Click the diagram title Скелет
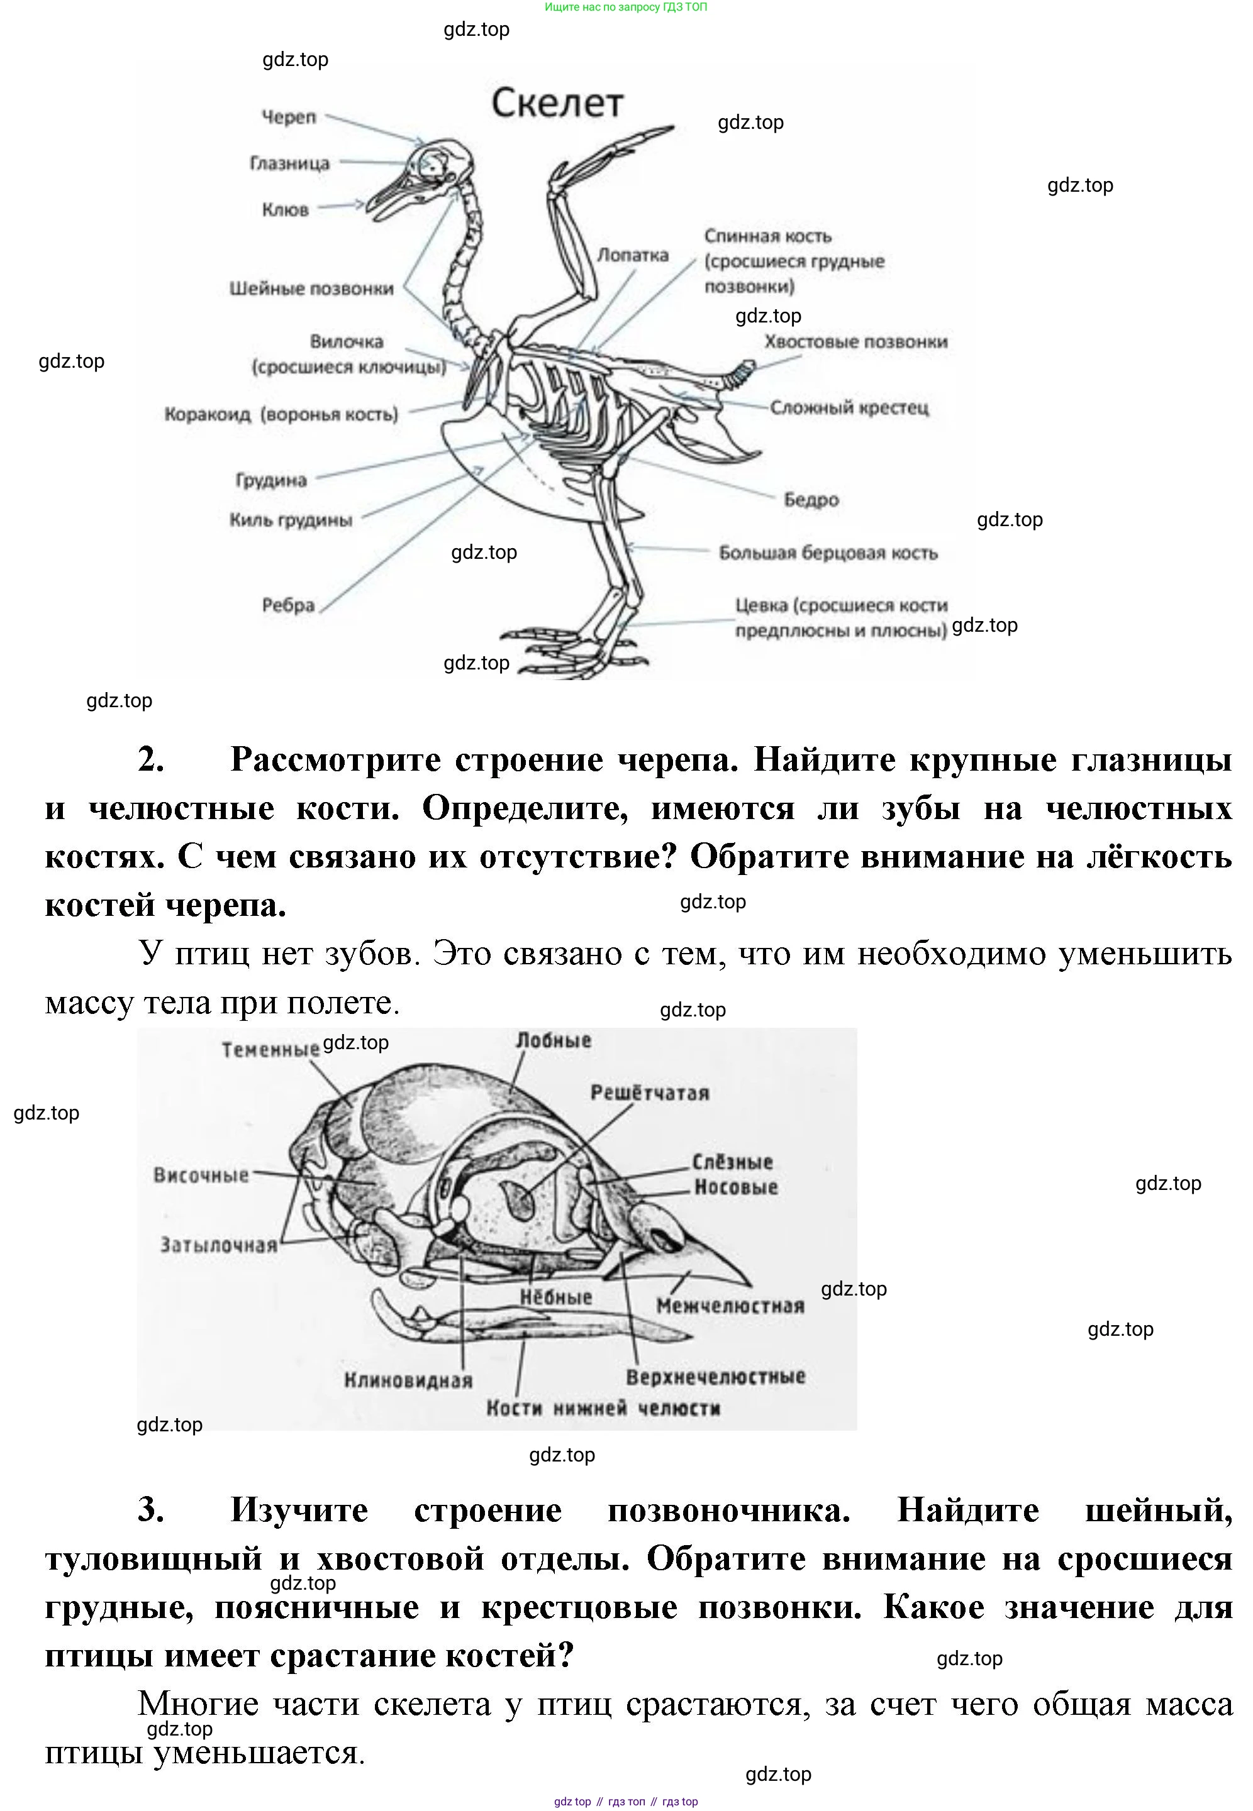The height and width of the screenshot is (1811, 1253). pos(557,104)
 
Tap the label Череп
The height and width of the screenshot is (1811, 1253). pos(288,117)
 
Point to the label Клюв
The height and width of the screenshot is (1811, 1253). pos(285,209)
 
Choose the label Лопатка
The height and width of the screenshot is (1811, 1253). pos(632,255)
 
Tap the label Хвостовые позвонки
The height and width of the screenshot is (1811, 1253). pos(855,341)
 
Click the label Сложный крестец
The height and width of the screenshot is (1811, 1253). pos(849,407)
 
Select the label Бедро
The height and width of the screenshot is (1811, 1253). pos(811,499)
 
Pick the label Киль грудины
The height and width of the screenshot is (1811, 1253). pos(291,519)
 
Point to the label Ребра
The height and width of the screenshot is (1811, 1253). pos(288,605)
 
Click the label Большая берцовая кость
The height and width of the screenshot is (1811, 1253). pos(828,553)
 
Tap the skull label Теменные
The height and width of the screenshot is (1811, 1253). pos(270,1049)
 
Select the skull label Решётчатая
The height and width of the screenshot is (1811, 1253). pos(649,1093)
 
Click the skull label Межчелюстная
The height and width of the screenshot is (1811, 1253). pos(730,1306)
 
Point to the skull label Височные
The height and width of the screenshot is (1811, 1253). pos(201,1175)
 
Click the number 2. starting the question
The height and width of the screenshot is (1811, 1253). pos(151,759)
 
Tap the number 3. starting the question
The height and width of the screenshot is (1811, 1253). pos(151,1511)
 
